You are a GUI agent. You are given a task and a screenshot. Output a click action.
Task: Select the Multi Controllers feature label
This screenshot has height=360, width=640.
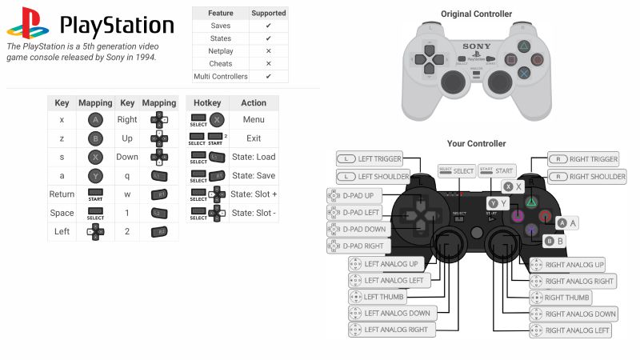(220, 77)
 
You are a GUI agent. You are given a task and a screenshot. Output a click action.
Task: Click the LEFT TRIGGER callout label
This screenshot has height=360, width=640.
(369, 159)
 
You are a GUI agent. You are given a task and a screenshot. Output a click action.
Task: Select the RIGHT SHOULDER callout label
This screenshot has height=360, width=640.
(587, 176)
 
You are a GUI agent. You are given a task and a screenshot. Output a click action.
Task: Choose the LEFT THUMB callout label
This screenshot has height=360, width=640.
(377, 297)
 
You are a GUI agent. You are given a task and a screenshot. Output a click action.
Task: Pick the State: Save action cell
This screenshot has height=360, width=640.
(254, 175)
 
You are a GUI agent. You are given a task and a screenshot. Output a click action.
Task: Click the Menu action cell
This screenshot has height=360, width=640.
(254, 119)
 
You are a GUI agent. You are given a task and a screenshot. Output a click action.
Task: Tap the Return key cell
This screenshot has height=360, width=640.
(62, 194)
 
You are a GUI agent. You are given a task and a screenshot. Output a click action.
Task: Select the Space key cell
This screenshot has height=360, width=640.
(62, 213)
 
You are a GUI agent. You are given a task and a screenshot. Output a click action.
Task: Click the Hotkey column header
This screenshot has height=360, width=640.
(207, 103)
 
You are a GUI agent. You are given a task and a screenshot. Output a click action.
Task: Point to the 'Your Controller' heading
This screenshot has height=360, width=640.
(476, 144)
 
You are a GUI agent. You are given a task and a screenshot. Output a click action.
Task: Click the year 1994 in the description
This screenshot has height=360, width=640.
(146, 58)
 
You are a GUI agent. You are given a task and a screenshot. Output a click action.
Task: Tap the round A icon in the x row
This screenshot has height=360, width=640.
(95, 119)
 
